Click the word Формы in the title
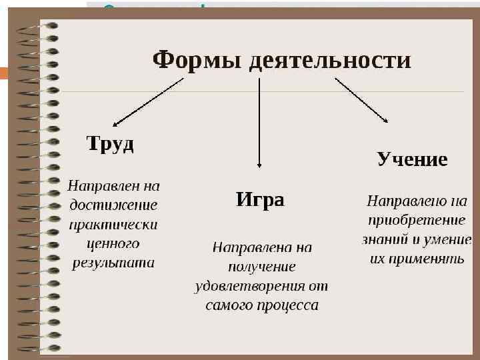click(x=197, y=60)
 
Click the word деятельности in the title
click(x=330, y=60)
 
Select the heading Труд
click(x=111, y=144)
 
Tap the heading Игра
click(x=260, y=199)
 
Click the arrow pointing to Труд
click(x=148, y=101)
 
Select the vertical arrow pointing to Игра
click(x=259, y=127)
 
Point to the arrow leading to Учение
click(x=362, y=100)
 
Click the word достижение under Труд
click(x=113, y=205)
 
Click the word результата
click(x=113, y=263)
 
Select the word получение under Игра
click(x=261, y=267)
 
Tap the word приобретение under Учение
click(x=417, y=219)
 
